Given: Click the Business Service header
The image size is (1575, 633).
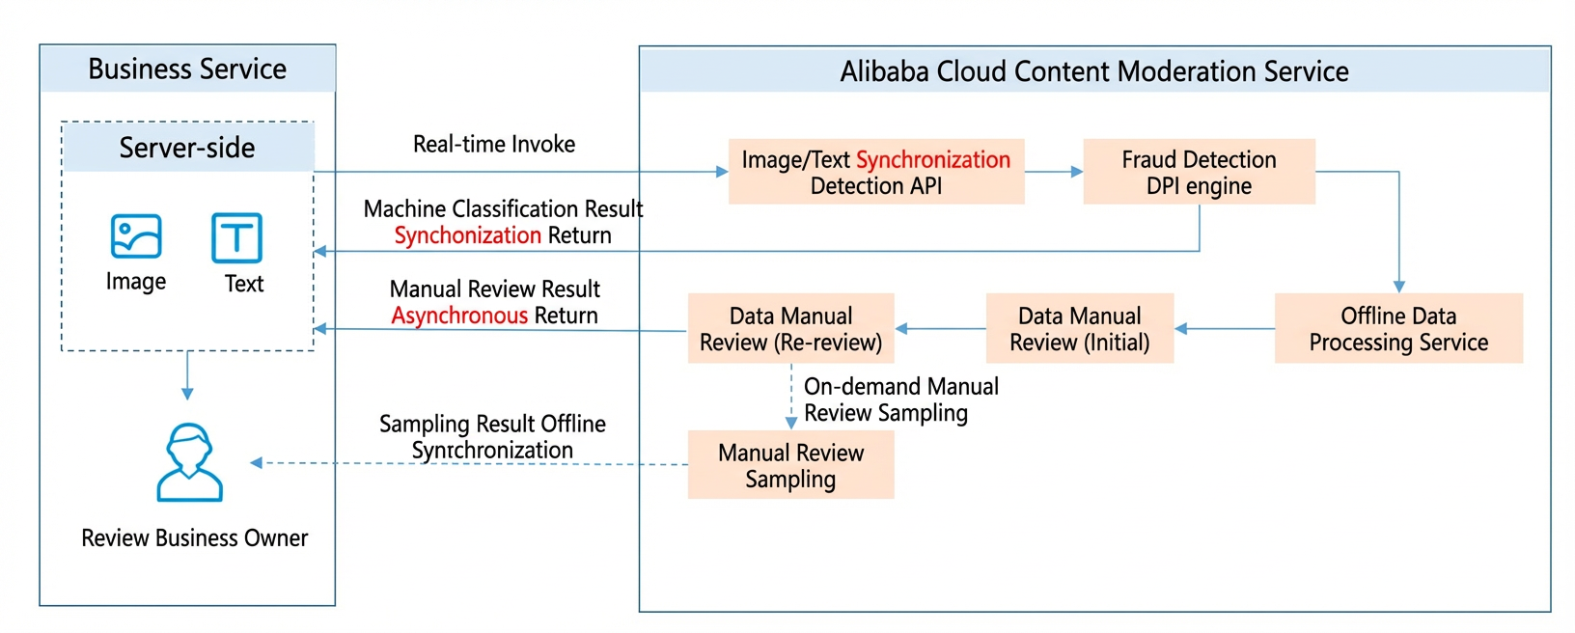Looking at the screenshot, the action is point(187,69).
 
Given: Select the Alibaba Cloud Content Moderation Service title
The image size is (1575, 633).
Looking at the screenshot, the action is point(1094,71).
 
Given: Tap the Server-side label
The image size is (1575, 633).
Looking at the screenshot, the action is point(187,148).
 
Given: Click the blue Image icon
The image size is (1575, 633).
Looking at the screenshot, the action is point(136,236).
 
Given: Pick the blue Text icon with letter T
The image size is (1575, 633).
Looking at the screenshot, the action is point(237,237).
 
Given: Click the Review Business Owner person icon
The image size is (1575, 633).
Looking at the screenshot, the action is point(189,462).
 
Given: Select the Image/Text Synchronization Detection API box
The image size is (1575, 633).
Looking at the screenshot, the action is point(876,172).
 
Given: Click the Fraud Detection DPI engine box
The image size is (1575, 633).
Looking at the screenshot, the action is point(1199,172).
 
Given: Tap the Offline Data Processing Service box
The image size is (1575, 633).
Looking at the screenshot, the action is point(1398,328).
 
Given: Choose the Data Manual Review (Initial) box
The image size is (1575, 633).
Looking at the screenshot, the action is point(1079,328).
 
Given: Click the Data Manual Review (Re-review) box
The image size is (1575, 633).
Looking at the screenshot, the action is point(791,328).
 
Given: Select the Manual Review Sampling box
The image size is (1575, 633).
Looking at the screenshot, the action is point(791,465).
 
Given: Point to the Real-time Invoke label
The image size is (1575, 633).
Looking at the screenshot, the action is point(493,144).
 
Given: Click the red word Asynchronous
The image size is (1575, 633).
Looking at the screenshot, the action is point(459,316).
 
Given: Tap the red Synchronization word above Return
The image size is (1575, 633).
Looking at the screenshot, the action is point(467,234).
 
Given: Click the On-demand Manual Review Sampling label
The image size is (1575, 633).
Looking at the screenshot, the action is point(900,399).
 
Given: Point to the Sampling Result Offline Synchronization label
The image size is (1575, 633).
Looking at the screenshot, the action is point(492,437).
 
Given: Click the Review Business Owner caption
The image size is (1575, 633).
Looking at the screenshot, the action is point(194,538).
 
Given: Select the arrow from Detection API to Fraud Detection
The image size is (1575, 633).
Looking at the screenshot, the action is point(1053,172).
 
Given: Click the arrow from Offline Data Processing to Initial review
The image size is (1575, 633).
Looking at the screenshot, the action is point(1224,328).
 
